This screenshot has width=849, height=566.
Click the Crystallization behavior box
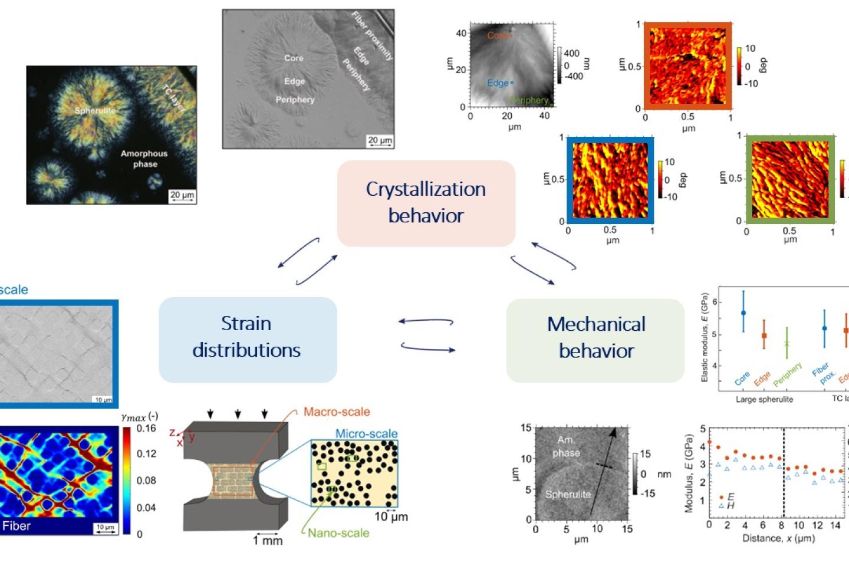pyautogui.click(x=426, y=203)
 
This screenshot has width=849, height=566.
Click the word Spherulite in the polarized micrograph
pyautogui.click(x=95, y=110)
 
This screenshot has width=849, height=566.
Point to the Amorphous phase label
pyautogui.click(x=144, y=159)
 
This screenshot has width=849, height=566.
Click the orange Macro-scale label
pyautogui.click(x=337, y=412)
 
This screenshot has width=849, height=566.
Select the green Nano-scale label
pyautogui.click(x=338, y=533)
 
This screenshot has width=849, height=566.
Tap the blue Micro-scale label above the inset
pyautogui.click(x=366, y=433)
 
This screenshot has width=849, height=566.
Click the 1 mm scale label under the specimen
pyautogui.click(x=268, y=540)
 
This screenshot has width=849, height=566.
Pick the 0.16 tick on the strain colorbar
pyautogui.click(x=146, y=428)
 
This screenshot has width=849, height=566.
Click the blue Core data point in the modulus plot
pyautogui.click(x=743, y=313)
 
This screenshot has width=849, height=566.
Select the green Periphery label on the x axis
pyautogui.click(x=788, y=374)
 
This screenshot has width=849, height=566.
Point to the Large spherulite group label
pyautogui.click(x=764, y=399)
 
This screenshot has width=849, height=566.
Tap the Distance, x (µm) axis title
pyautogui.click(x=778, y=538)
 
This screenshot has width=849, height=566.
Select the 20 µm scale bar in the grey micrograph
pyautogui.click(x=379, y=140)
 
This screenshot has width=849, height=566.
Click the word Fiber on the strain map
pyautogui.click(x=17, y=526)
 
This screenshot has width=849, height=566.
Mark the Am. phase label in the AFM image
pyautogui.click(x=566, y=446)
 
